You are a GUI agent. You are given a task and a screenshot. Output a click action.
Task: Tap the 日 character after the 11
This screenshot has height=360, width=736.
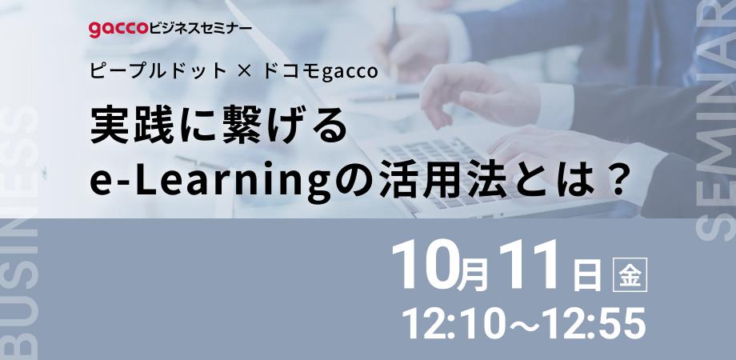(587, 277)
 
